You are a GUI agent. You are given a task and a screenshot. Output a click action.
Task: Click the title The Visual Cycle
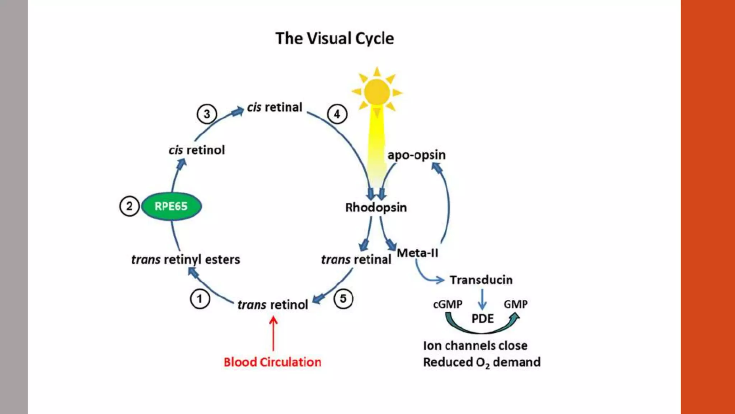click(334, 38)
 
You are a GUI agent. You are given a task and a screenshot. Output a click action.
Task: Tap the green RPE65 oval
click(171, 206)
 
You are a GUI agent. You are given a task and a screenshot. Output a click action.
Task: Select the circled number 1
click(200, 299)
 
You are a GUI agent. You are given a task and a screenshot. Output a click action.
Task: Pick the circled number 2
click(129, 206)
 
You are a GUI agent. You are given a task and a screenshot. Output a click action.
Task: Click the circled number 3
click(207, 114)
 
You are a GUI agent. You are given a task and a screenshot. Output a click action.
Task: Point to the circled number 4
click(337, 114)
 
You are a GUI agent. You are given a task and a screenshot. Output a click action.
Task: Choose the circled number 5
click(343, 299)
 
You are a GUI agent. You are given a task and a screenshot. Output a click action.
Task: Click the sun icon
click(377, 92)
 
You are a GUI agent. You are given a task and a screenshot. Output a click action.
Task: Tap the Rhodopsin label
click(376, 207)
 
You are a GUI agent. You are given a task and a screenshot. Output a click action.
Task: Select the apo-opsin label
click(416, 155)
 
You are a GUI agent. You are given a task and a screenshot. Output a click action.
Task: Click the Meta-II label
click(417, 253)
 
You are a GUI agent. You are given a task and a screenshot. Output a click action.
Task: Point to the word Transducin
click(481, 280)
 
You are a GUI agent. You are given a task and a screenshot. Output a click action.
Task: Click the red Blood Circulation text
click(272, 362)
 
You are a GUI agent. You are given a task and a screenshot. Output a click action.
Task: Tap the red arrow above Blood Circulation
click(273, 333)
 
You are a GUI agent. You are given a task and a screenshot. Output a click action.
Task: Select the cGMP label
click(448, 304)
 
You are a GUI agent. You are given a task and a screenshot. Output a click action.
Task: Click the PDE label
click(482, 319)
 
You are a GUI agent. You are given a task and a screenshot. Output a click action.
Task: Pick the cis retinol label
click(197, 150)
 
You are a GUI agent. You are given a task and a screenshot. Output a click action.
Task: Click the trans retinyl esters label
click(186, 259)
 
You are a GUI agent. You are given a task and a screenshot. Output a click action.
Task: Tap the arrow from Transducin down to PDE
click(482, 299)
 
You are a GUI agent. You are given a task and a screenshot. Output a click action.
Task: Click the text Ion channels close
click(475, 346)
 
